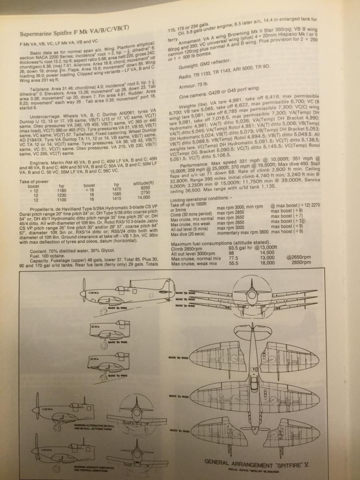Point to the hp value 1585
pyautogui.click(x=116, y=193)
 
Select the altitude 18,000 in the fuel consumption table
pyautogui.click(x=267, y=263)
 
